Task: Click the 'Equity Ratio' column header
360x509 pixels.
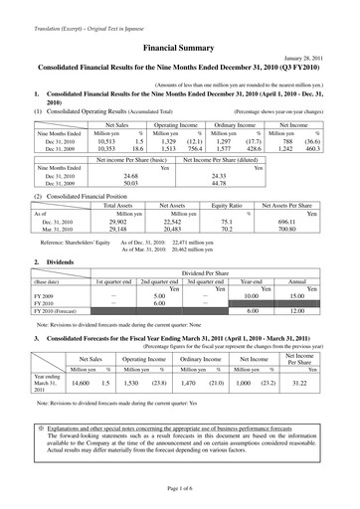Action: [239, 204]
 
